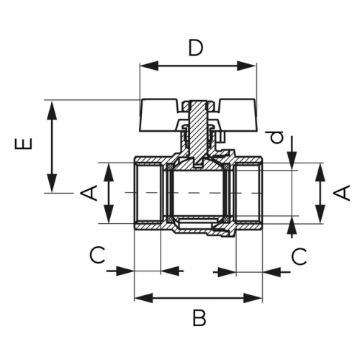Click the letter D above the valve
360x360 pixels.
point(196,48)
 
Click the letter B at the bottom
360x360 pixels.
point(199,318)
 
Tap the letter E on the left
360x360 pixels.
point(24,144)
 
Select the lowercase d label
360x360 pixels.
point(276,137)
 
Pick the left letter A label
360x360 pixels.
point(89,193)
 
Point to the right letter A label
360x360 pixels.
point(342,192)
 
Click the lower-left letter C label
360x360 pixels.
point(97,255)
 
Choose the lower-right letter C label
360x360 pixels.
point(299,256)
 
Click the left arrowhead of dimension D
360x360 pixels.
point(149,66)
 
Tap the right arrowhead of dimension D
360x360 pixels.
point(246,66)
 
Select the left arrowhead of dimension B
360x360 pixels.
point(144,298)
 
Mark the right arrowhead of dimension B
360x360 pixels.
point(253,298)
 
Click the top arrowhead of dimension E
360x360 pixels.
point(52,110)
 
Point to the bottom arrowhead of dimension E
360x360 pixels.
point(52,184)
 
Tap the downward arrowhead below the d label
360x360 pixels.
point(292,161)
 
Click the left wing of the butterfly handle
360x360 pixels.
point(158,115)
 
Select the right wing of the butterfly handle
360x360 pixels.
point(238,115)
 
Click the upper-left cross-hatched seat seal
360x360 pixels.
point(170,166)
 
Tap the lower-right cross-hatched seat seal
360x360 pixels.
point(226,219)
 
